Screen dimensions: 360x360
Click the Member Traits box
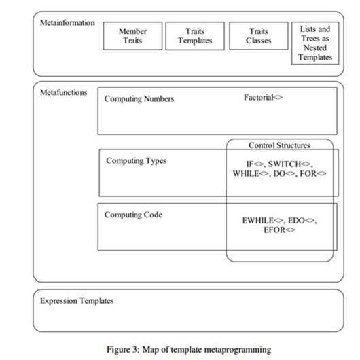tap(132, 36)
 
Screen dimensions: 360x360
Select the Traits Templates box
tap(195, 36)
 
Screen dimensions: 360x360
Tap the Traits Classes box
tap(259, 36)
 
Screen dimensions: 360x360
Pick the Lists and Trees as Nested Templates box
tap(315, 43)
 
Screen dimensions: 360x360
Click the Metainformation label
tap(67, 22)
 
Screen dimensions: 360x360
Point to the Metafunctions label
tap(64, 92)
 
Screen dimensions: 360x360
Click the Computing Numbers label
tap(139, 99)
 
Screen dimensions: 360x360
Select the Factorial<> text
tap(263, 98)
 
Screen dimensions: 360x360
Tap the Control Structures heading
tap(279, 145)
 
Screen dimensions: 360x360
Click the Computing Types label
tap(136, 161)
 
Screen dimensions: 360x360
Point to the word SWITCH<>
tap(289, 164)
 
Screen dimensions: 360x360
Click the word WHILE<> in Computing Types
tap(251, 174)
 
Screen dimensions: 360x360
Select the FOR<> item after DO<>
tap(313, 174)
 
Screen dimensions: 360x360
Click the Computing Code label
tap(133, 215)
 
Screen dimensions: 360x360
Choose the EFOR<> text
tap(279, 230)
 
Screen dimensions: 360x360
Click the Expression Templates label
tap(77, 301)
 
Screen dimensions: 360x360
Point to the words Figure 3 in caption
tap(122, 350)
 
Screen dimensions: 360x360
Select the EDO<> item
tap(301, 221)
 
